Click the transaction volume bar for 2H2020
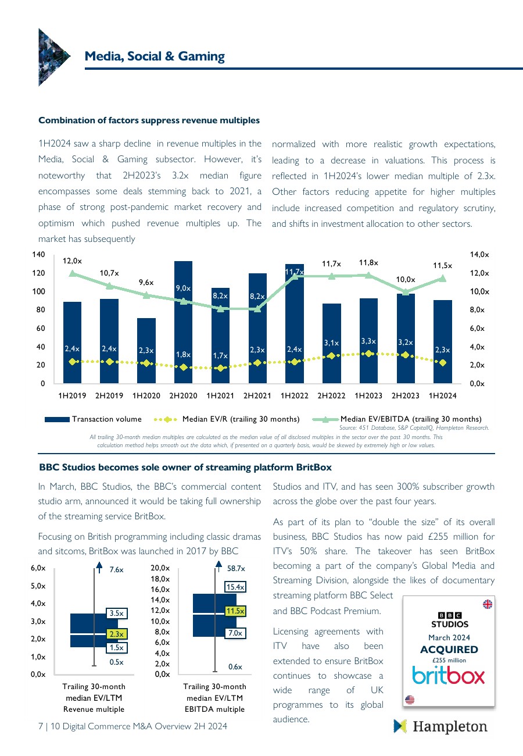[x=184, y=326]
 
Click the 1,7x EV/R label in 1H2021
[x=220, y=355]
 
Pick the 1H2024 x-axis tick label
[x=442, y=396]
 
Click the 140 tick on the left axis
[x=39, y=255]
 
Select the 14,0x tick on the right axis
[x=479, y=255]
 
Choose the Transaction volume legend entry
[x=93, y=419]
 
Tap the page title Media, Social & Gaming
[x=155, y=56]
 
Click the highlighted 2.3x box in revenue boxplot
[x=116, y=634]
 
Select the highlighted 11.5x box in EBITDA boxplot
[x=235, y=611]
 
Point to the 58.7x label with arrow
[x=235, y=569]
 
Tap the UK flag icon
[x=488, y=604]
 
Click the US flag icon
[x=410, y=700]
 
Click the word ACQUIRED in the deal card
[x=449, y=650]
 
